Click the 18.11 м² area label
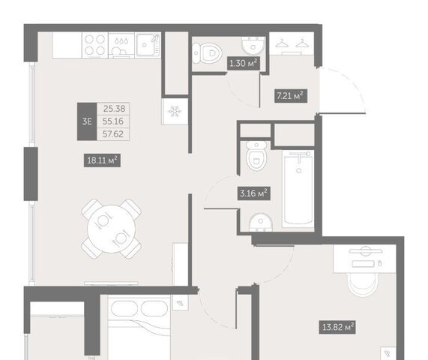point(102,160)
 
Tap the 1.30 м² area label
point(243,63)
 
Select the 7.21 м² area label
point(290,96)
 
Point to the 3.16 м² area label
point(253,193)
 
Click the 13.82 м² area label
point(338,327)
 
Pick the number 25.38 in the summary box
point(114,109)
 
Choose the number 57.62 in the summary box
point(113,134)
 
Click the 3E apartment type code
point(87,121)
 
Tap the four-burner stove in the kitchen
point(95,45)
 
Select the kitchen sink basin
point(148,45)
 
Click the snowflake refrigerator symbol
point(175,112)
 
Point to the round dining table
point(112,229)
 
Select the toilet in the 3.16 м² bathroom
point(256,156)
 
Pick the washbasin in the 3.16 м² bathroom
point(261,222)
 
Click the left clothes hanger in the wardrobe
point(282,43)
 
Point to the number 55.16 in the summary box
point(113,121)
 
